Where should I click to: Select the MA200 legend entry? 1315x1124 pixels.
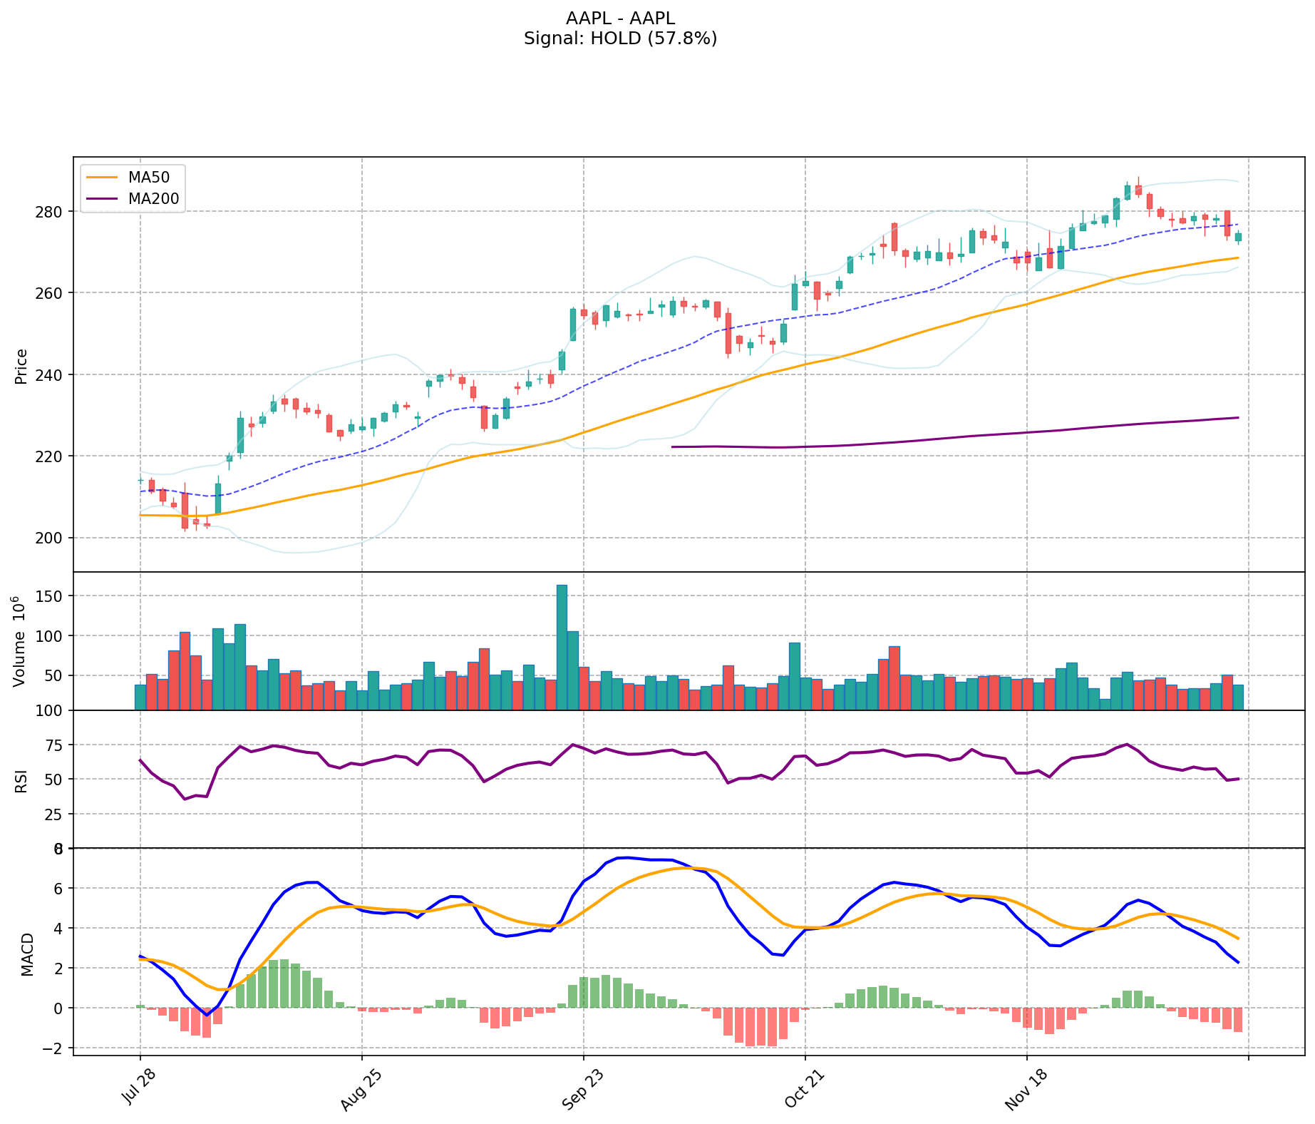point(153,199)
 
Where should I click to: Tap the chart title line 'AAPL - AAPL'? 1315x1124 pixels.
point(620,19)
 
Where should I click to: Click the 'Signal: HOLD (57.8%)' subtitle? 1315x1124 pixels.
point(620,39)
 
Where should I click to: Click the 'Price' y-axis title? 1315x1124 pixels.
point(21,367)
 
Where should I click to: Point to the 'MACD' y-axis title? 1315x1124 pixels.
point(27,954)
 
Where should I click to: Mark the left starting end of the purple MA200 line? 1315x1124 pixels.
point(672,446)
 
